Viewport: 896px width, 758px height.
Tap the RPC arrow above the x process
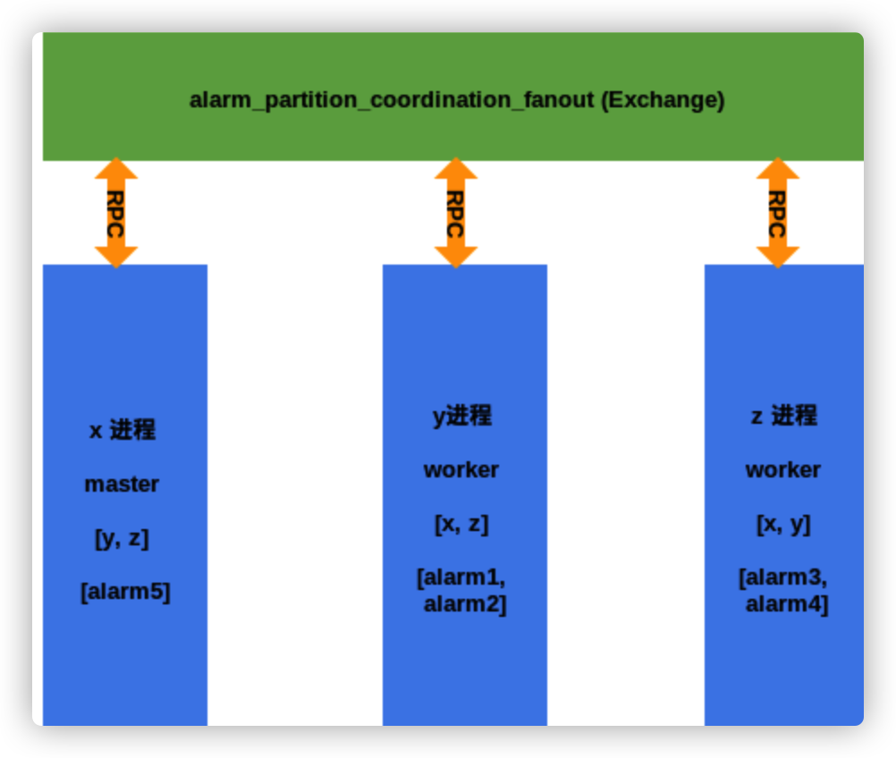(116, 213)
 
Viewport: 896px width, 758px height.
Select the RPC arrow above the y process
(456, 213)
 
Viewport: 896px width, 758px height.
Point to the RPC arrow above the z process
(778, 213)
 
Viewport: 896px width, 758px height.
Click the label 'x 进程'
(123, 430)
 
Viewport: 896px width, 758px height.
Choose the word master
(122, 484)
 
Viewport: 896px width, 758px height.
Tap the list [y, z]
(122, 539)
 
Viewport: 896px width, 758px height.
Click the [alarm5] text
(125, 592)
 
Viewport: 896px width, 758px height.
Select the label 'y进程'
(462, 416)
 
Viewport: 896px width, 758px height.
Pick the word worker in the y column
(461, 470)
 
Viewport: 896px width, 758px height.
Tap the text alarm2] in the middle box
(465, 604)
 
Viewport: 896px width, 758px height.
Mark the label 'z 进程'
(783, 416)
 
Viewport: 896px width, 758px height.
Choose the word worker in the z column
(783, 470)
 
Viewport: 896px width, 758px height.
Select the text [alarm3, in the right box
(783, 577)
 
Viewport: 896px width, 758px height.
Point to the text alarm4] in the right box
(787, 604)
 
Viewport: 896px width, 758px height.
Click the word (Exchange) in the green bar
(663, 100)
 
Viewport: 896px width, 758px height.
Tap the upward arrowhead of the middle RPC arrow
(456, 170)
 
